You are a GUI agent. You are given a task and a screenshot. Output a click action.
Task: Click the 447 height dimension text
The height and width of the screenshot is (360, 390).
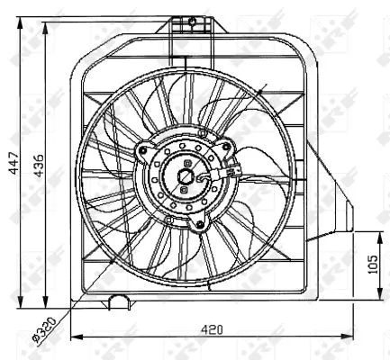click(x=11, y=159)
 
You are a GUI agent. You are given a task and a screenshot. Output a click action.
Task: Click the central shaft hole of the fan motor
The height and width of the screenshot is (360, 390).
click(x=186, y=177)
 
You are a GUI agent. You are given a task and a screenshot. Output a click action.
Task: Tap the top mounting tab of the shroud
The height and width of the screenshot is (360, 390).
click(x=193, y=28)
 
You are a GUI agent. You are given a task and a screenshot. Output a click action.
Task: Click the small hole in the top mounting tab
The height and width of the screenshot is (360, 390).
click(x=192, y=21)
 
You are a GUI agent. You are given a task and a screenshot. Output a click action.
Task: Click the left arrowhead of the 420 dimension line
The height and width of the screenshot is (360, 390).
click(x=74, y=337)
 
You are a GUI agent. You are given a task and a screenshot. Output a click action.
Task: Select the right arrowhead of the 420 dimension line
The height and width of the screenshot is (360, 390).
click(x=352, y=337)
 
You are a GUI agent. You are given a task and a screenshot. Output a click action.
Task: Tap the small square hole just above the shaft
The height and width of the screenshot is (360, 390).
click(x=186, y=163)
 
